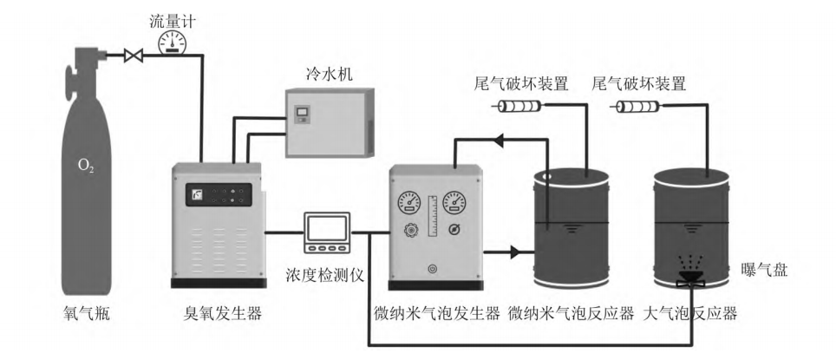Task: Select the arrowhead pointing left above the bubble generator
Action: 500,139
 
